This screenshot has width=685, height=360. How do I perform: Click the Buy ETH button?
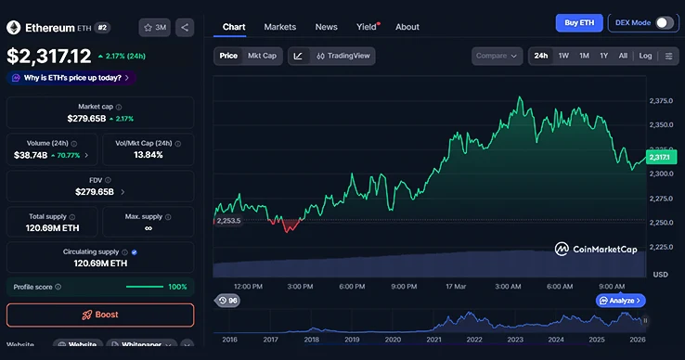(578, 23)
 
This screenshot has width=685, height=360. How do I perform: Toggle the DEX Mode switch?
(665, 23)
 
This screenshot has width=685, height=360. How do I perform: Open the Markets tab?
(279, 27)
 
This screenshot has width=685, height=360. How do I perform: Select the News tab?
(326, 27)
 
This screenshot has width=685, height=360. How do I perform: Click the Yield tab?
(367, 27)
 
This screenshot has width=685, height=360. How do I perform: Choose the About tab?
(407, 27)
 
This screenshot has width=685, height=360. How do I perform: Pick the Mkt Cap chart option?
(262, 56)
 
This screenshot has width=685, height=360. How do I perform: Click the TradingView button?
(343, 56)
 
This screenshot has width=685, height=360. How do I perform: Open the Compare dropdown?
(498, 56)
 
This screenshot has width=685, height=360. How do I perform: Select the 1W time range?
(563, 56)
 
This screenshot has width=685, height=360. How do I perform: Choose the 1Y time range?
(603, 56)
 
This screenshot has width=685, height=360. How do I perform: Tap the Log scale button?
(645, 56)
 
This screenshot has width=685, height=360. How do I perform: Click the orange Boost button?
(100, 315)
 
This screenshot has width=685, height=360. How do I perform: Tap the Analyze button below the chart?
(620, 301)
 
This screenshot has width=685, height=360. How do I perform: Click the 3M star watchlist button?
(154, 27)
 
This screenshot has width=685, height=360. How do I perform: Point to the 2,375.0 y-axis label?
(661, 101)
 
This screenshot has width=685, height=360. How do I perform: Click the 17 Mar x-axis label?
(455, 287)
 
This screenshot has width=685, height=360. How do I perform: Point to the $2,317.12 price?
(49, 57)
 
